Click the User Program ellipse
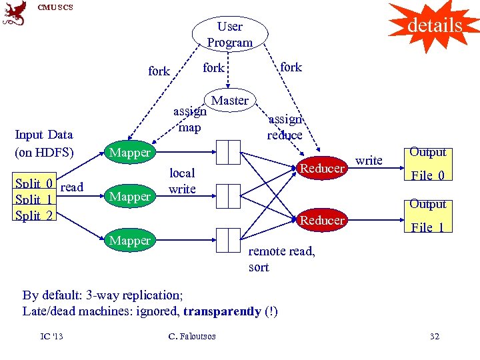pyautogui.click(x=230, y=34)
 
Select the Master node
pyautogui.click(x=230, y=101)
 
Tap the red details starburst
pyautogui.click(x=434, y=25)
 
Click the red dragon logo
pyautogui.click(x=15, y=13)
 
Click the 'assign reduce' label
pyautogui.click(x=285, y=127)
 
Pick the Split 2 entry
pyautogui.click(x=35, y=215)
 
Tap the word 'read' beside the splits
pyautogui.click(x=71, y=187)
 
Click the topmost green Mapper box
pyautogui.click(x=130, y=153)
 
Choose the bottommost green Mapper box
pyautogui.click(x=130, y=240)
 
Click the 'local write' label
pyautogui.click(x=182, y=181)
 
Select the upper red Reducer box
pyautogui.click(x=322, y=169)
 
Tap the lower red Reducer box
pyautogui.click(x=322, y=220)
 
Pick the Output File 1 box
pyautogui.click(x=427, y=215)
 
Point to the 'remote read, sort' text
pyautogui.click(x=281, y=259)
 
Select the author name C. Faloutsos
pyautogui.click(x=192, y=336)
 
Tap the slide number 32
pyautogui.click(x=434, y=336)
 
